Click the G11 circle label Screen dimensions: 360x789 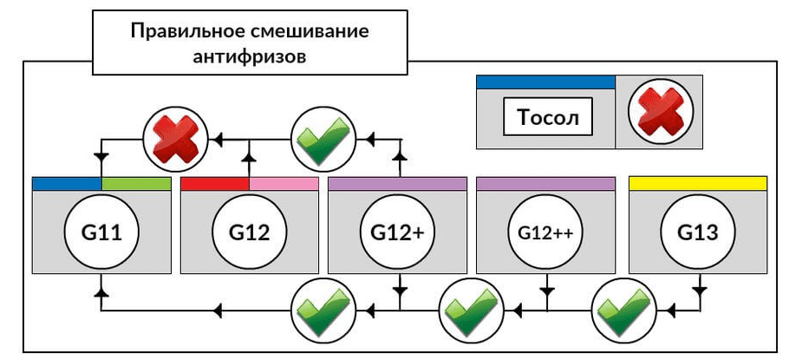[101, 232]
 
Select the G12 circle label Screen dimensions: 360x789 [250, 232]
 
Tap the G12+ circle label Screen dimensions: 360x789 [398, 232]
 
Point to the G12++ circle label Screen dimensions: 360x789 [545, 232]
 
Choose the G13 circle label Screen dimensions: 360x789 [698, 232]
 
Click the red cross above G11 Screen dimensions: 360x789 [176, 138]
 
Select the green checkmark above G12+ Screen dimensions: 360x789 [323, 138]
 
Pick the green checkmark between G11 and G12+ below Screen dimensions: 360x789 [323, 308]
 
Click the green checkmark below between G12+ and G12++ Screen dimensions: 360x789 [472, 308]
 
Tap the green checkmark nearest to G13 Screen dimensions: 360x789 [623, 308]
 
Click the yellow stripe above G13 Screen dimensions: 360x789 [698, 183]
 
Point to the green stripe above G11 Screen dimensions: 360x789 [136, 184]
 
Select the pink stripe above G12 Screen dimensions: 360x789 [284, 184]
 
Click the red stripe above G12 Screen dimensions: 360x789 [215, 184]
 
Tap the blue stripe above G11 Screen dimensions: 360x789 [67, 184]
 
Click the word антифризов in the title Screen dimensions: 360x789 [249, 55]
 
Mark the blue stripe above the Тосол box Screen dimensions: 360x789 [545, 82]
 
